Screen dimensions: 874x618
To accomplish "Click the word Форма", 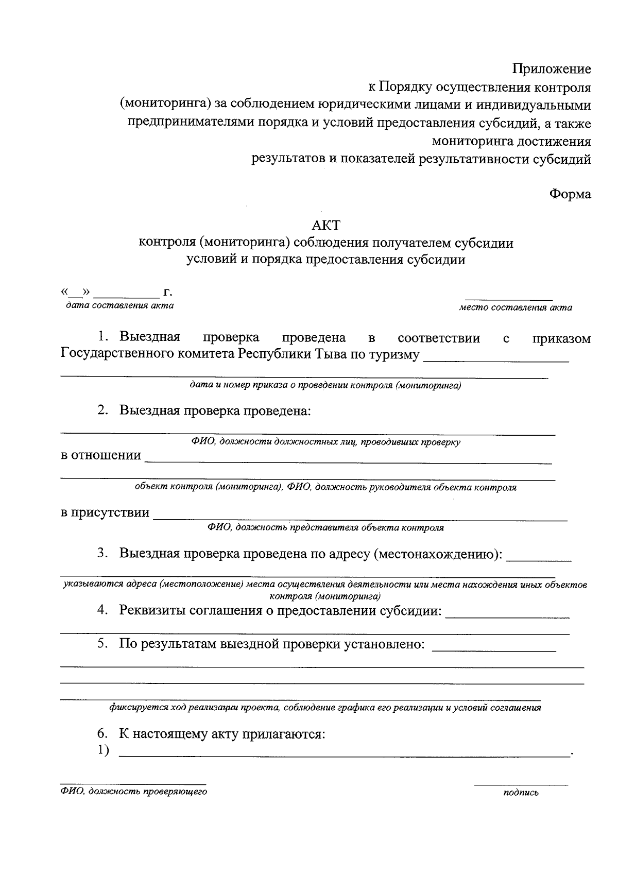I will point(570,194).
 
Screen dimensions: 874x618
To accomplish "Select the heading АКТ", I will point(326,226).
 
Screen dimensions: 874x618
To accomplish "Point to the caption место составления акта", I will point(516,308).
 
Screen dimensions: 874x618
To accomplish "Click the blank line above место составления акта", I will point(509,298).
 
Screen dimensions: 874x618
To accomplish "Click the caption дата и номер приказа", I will point(325,385).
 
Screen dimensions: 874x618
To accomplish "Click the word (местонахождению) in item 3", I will point(438,554).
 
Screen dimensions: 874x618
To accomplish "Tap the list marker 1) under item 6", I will point(103,751).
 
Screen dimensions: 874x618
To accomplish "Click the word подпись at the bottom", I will point(521,793).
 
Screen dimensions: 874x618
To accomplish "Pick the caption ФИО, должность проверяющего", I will point(133,792).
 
